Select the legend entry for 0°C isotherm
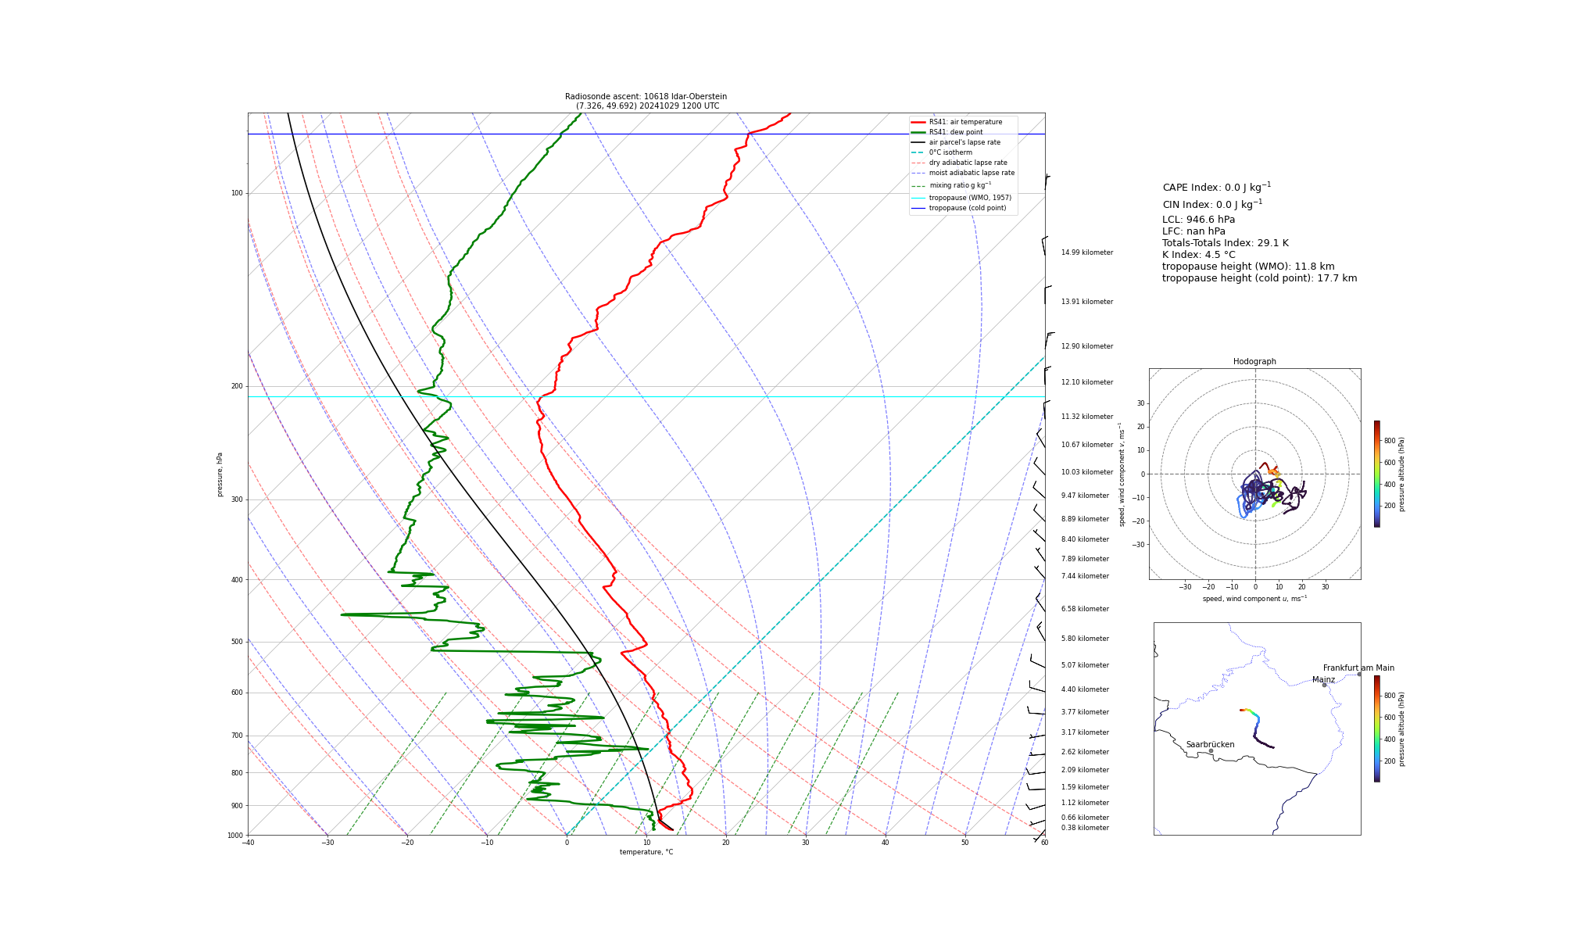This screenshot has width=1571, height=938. [950, 152]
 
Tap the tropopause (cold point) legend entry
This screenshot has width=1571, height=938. [967, 208]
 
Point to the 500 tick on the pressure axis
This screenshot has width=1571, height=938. [237, 642]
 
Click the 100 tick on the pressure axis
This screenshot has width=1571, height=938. [237, 193]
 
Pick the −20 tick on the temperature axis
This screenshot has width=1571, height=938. [407, 843]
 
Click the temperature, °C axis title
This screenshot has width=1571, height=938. [646, 852]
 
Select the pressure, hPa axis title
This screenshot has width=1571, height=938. [220, 474]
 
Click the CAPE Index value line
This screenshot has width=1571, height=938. [1216, 188]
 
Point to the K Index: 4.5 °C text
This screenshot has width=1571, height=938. [1198, 255]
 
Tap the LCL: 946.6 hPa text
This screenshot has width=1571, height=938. [1198, 220]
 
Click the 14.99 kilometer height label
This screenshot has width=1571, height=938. [1086, 252]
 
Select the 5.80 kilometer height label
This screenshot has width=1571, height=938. [1085, 639]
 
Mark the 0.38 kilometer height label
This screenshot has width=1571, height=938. [1085, 828]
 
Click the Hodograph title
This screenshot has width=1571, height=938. [1254, 362]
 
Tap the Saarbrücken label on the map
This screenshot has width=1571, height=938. [1210, 745]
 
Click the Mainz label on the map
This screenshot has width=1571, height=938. [1323, 680]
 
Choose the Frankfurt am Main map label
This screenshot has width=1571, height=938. [1358, 668]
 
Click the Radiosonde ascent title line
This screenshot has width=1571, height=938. [646, 97]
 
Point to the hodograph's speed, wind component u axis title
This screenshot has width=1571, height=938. [1254, 599]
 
